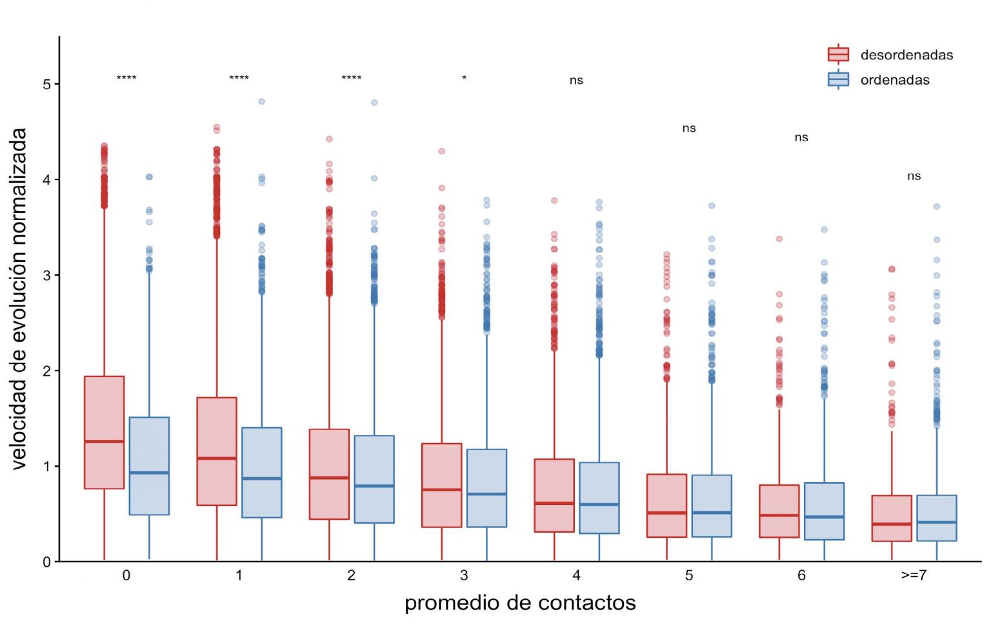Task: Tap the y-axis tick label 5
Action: point(46,85)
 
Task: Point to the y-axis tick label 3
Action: point(46,276)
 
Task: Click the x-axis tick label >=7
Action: point(914,575)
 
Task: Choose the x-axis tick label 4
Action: point(576,575)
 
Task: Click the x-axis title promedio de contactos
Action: point(520,603)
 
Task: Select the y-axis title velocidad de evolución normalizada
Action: point(19,298)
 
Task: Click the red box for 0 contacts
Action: point(105,432)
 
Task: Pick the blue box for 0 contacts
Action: point(149,465)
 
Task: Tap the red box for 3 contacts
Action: point(442,485)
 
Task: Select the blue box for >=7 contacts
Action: point(936,518)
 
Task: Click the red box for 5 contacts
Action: point(666,506)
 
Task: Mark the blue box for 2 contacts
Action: point(374,479)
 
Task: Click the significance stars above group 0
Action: point(126,78)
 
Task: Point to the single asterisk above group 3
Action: point(464,79)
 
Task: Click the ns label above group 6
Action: point(801,138)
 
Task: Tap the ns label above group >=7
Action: point(914,176)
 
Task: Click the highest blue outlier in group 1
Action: point(262,101)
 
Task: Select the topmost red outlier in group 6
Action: point(779,239)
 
